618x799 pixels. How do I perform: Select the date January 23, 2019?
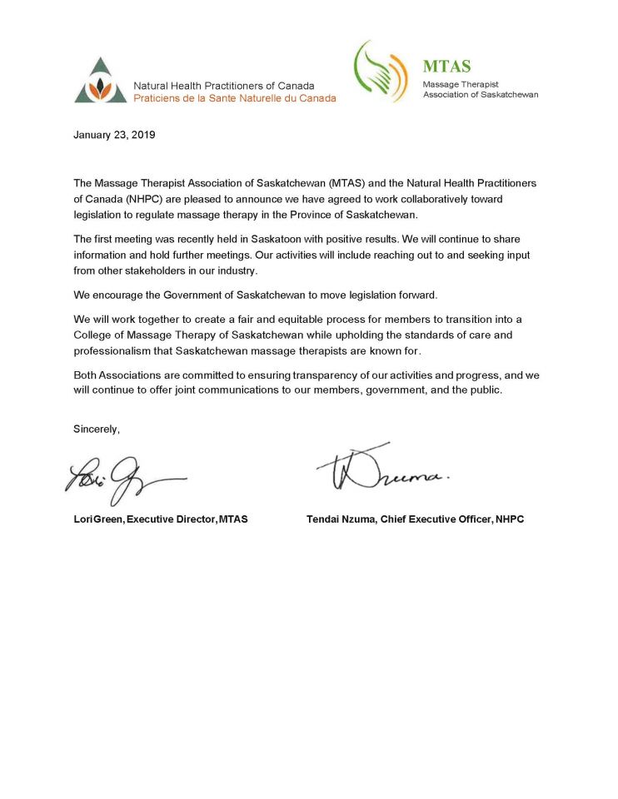[114, 135]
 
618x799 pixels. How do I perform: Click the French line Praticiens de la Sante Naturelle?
[235, 98]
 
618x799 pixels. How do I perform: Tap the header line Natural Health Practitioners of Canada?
[224, 86]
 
